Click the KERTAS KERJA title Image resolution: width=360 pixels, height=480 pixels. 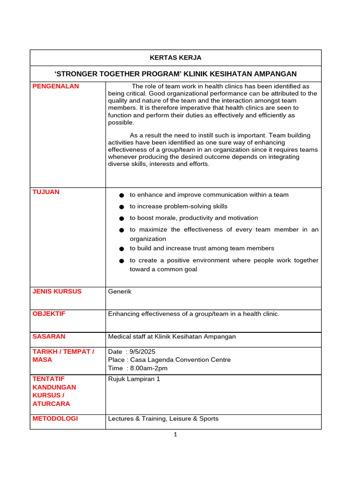click(175, 58)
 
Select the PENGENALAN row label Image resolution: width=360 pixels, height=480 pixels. click(55, 86)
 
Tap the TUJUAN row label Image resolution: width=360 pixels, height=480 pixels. click(45, 192)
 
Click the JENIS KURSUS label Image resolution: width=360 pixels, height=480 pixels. click(57, 291)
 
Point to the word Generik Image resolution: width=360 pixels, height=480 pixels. click(120, 292)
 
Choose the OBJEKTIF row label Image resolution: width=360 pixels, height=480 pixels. click(49, 314)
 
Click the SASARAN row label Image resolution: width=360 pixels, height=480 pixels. click(49, 336)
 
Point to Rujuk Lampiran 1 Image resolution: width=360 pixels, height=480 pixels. click(134, 379)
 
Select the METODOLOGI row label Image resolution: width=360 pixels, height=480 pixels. click(55, 419)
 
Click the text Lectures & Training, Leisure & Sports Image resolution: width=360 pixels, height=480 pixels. click(163, 419)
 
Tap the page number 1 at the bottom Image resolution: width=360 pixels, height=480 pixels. click(175, 435)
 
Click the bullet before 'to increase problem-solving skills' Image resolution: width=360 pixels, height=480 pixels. click(121, 207)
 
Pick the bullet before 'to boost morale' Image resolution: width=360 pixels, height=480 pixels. click(121, 218)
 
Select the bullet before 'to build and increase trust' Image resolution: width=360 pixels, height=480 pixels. click(121, 249)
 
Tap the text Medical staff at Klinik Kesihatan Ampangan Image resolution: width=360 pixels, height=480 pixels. click(172, 337)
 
